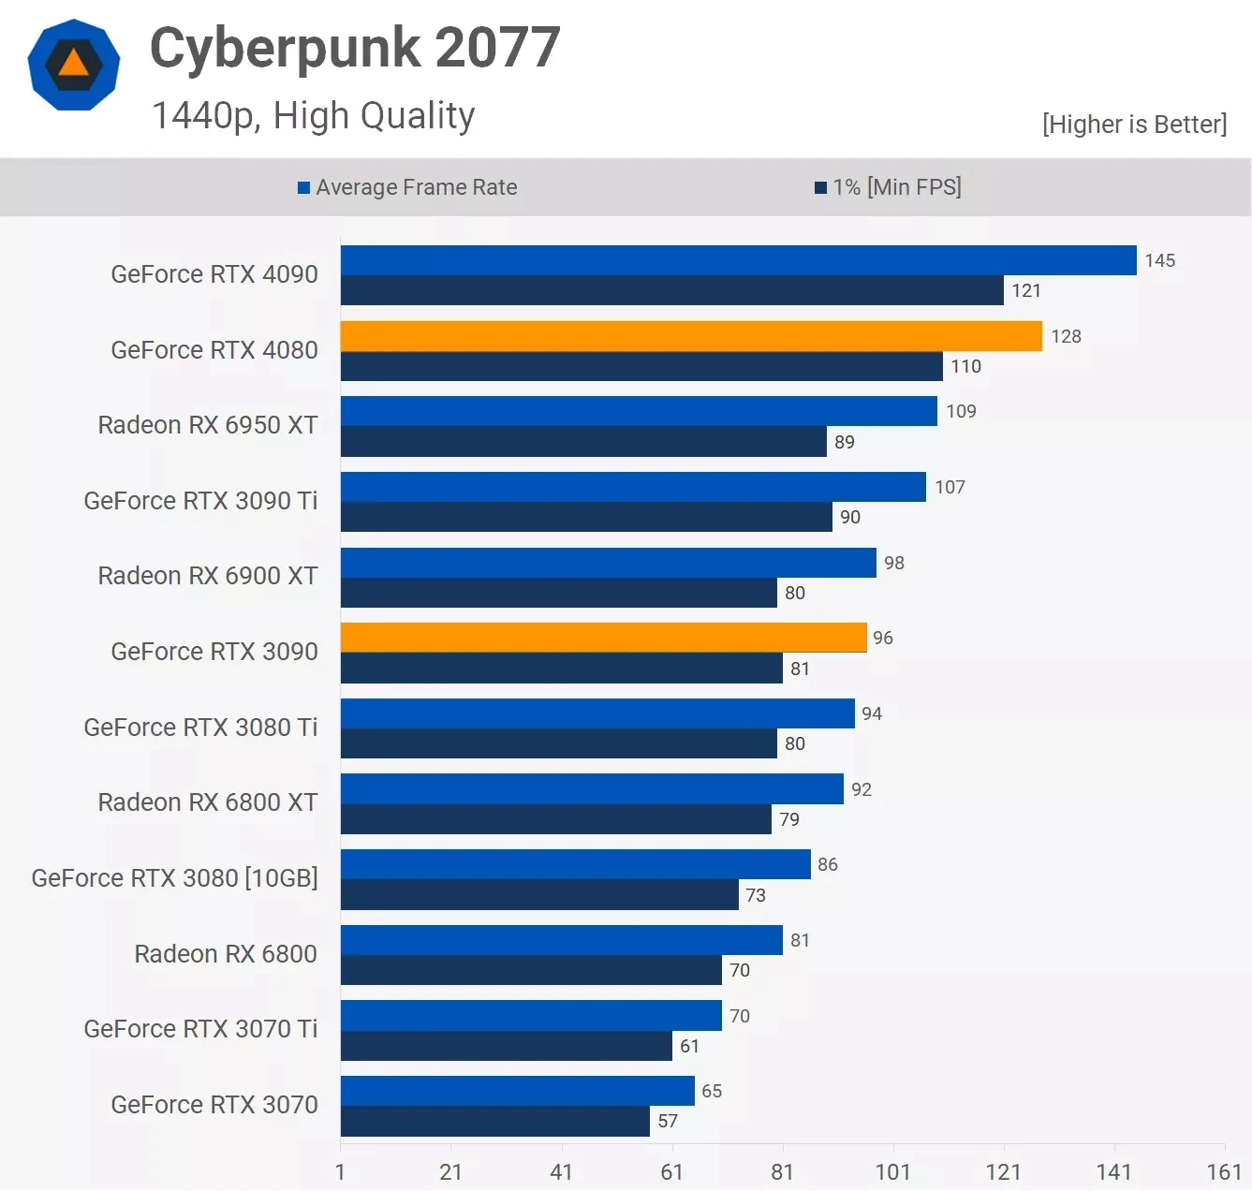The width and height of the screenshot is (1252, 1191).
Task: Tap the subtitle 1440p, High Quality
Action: click(313, 116)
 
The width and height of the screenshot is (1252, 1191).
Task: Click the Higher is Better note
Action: click(1134, 125)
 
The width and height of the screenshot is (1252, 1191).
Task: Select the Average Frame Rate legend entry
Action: click(407, 187)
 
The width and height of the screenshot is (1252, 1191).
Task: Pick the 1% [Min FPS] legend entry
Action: click(888, 187)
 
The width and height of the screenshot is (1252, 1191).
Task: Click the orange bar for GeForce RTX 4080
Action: click(691, 336)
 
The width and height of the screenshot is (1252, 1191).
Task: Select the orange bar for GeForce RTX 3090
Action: click(603, 638)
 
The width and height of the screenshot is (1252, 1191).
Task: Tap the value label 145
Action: click(1159, 260)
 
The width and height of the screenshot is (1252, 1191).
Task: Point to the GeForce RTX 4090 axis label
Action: click(214, 274)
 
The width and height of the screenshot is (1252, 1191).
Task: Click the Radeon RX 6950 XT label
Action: click(208, 425)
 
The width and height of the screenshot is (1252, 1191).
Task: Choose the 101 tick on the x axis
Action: click(892, 1171)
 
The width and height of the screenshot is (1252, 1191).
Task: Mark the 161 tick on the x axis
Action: click(1224, 1171)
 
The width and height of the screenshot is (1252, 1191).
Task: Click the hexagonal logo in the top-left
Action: click(74, 65)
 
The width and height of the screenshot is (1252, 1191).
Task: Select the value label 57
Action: click(668, 1121)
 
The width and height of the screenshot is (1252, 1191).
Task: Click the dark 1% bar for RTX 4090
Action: click(671, 290)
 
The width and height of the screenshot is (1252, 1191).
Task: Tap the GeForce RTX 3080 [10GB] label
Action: click(175, 878)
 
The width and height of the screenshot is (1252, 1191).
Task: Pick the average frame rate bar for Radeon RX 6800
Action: click(561, 940)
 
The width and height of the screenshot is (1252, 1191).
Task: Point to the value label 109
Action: click(961, 411)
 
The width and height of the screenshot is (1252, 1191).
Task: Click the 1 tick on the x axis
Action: click(340, 1171)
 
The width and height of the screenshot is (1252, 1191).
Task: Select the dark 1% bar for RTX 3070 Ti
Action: click(506, 1046)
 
